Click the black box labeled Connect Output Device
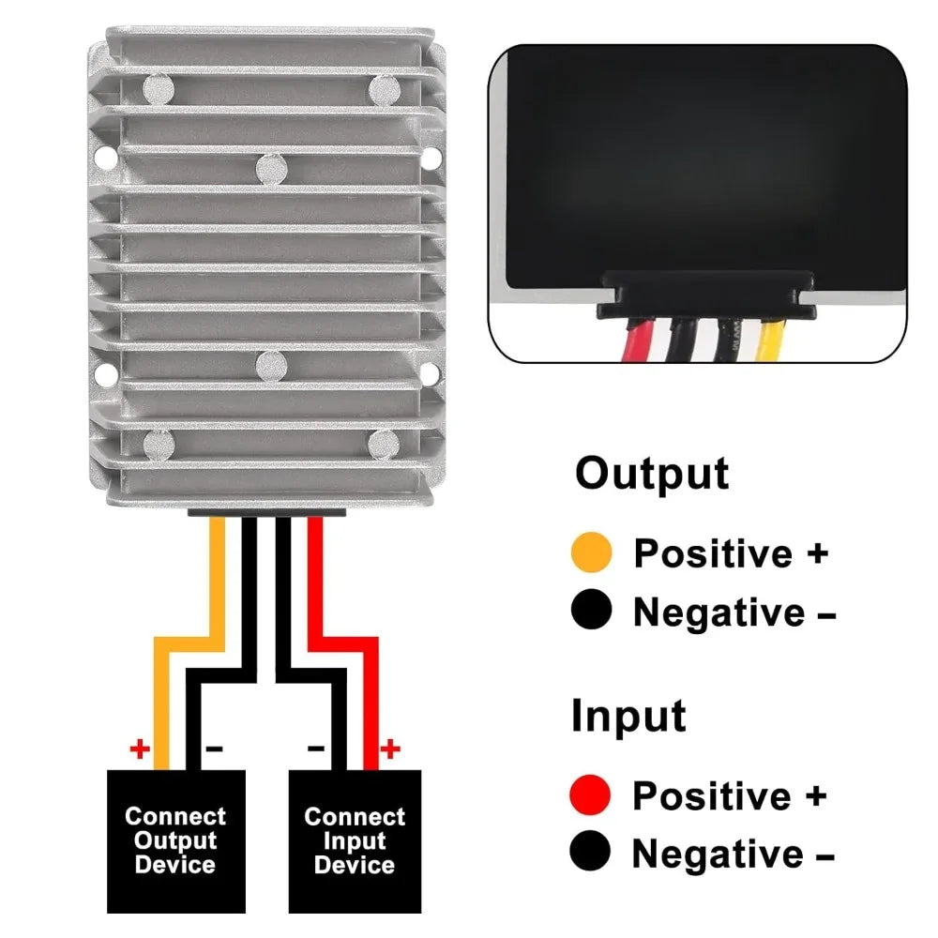click(176, 841)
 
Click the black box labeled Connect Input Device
click(355, 841)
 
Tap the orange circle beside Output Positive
click(592, 552)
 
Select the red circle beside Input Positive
click(590, 794)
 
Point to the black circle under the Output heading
click(592, 610)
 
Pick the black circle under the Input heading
click(590, 851)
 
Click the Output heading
click(652, 474)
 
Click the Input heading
click(628, 716)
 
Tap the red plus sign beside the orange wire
click(140, 749)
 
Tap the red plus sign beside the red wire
click(390, 749)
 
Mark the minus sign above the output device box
click(214, 749)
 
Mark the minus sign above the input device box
click(316, 749)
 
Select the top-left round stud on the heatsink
click(159, 90)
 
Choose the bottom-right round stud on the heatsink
click(384, 445)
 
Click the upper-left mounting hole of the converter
click(107, 157)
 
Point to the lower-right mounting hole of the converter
click(430, 373)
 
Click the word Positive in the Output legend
click(713, 553)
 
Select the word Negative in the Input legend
click(718, 853)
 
